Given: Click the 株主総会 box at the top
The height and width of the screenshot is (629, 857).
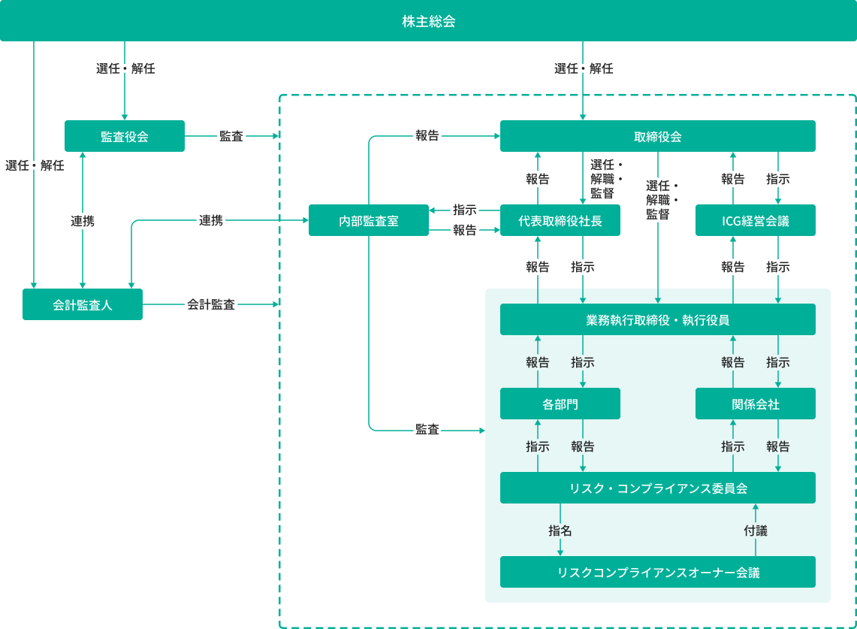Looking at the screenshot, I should [428, 21].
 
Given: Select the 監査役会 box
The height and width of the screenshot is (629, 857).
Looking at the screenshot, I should [125, 136].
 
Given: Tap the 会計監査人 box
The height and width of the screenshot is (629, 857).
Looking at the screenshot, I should [83, 304].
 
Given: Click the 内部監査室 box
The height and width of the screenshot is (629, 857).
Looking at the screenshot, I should [368, 220].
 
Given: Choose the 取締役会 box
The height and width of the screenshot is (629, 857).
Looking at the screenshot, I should [657, 136].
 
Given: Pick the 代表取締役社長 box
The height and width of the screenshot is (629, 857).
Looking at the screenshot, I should [560, 220].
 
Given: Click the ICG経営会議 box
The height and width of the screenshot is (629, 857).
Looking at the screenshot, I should [755, 220].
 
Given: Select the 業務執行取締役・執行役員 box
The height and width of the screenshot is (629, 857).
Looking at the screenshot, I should [657, 319].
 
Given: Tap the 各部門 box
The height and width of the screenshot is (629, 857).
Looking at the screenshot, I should [560, 404].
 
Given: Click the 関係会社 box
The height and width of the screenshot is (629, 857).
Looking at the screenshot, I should [755, 404].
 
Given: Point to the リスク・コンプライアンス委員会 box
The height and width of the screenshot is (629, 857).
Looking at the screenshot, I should [657, 488].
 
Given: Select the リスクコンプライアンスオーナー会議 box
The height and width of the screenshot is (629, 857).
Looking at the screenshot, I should [657, 572].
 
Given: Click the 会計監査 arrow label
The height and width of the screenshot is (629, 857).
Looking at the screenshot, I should [211, 304].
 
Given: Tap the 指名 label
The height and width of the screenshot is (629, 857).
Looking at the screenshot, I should [560, 531].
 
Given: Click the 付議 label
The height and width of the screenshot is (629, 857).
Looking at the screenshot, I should [756, 531].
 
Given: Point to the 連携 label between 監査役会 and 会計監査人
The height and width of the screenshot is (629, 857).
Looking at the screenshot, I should [83, 221].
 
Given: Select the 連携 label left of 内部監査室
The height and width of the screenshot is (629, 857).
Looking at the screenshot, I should [211, 220].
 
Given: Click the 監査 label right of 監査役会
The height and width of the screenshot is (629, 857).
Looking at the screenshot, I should [231, 136].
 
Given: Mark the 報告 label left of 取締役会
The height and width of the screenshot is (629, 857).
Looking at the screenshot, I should [427, 136].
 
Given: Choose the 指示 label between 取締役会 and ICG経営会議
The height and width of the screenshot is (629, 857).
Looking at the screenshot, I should [777, 179].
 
